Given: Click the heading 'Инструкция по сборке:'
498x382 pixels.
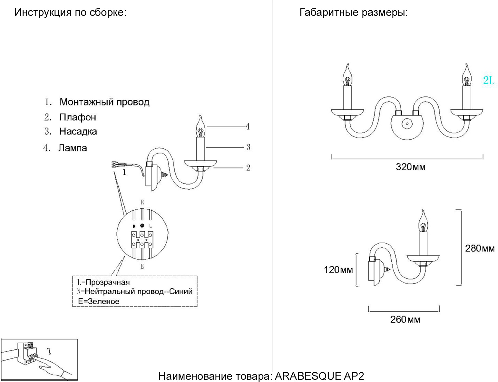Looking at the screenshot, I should tap(70, 13).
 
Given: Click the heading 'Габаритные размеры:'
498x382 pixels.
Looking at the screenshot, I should tap(354, 13).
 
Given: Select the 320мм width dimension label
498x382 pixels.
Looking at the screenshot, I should tap(410, 167).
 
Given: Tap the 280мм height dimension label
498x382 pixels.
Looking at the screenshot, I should tap(479, 248).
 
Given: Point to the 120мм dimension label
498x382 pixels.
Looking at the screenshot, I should tap(338, 270).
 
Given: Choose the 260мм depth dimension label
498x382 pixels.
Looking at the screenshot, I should tap(405, 319).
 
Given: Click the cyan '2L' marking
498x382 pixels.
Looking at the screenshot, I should tap(488, 80).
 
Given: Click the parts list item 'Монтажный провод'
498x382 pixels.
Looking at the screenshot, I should tap(104, 102).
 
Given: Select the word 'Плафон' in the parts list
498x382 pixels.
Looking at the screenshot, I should tap(78, 117).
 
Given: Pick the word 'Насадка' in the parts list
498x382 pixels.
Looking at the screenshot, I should tap(78, 132).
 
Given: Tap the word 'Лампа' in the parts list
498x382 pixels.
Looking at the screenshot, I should tap(73, 148).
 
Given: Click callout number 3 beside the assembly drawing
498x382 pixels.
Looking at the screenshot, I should tap(248, 147).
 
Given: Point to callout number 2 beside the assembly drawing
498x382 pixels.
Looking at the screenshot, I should tap(248, 168).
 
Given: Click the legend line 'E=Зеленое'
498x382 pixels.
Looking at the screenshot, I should tap(99, 302).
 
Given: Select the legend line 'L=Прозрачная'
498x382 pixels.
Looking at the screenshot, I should tap(103, 282).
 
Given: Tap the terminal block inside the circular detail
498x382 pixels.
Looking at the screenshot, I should tap(142, 239).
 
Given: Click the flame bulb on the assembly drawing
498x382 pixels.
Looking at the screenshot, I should tap(200, 127).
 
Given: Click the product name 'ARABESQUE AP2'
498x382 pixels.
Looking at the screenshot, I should tap(319, 376).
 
